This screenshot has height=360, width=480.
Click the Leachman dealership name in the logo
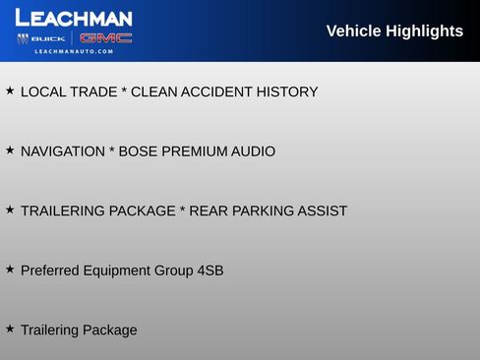[x=74, y=18]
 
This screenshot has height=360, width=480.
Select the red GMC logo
[x=105, y=38]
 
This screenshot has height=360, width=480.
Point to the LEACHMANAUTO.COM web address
[x=74, y=51]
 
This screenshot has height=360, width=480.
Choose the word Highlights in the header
[x=427, y=31]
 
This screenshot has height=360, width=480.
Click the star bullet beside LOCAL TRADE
[x=10, y=91]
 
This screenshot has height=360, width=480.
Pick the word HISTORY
[x=287, y=92]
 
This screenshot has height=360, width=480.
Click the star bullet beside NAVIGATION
[x=10, y=150]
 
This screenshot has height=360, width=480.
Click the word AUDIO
[x=253, y=151]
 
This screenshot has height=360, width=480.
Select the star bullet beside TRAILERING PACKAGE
[x=10, y=210]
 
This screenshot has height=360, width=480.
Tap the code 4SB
[x=210, y=270]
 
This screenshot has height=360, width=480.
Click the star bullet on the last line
[x=10, y=329]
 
